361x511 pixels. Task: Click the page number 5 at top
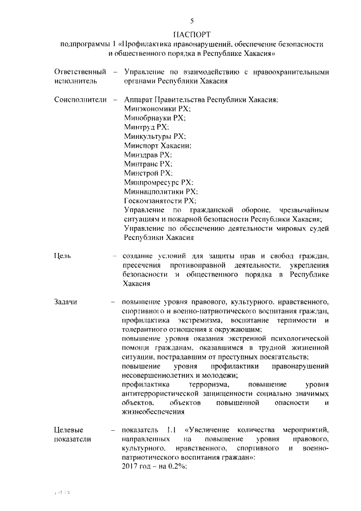pos(192,21)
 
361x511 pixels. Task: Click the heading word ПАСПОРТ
pos(191,34)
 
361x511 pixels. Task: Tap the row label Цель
pos(63,256)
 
